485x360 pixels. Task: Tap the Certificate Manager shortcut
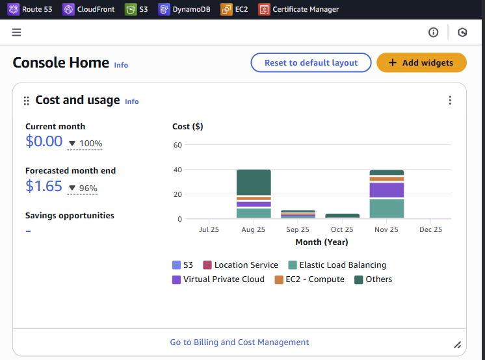click(x=298, y=10)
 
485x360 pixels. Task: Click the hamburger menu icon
click(x=16, y=32)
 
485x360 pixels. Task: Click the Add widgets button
click(x=421, y=62)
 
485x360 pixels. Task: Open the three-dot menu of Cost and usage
click(x=450, y=100)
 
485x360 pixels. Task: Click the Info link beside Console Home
click(x=121, y=65)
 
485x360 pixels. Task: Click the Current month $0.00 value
click(x=44, y=142)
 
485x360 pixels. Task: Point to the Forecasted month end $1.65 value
click(x=44, y=186)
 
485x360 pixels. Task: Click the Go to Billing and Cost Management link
click(x=239, y=342)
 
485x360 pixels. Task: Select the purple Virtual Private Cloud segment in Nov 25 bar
click(x=387, y=190)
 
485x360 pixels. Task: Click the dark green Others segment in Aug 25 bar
click(x=254, y=183)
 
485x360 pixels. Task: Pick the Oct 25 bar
click(x=342, y=216)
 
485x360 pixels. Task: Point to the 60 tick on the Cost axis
click(x=177, y=145)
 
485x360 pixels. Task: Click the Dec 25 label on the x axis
click(x=430, y=229)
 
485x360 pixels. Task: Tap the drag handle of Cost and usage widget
click(x=27, y=101)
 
